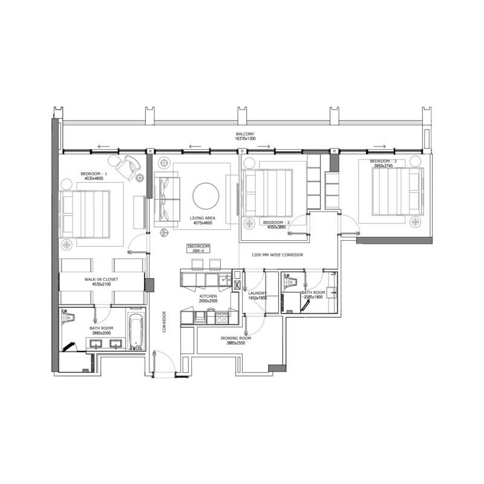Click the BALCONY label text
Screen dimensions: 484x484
pos(246,134)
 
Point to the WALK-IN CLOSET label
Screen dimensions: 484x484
pos(101,280)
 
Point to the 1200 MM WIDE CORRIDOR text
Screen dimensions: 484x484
pos(276,255)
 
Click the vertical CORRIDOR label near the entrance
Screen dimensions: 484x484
pos(164,322)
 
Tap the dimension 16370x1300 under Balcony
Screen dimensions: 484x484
pos(246,139)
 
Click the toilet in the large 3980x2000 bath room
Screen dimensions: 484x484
pos(68,316)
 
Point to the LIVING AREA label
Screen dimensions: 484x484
pos(203,218)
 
